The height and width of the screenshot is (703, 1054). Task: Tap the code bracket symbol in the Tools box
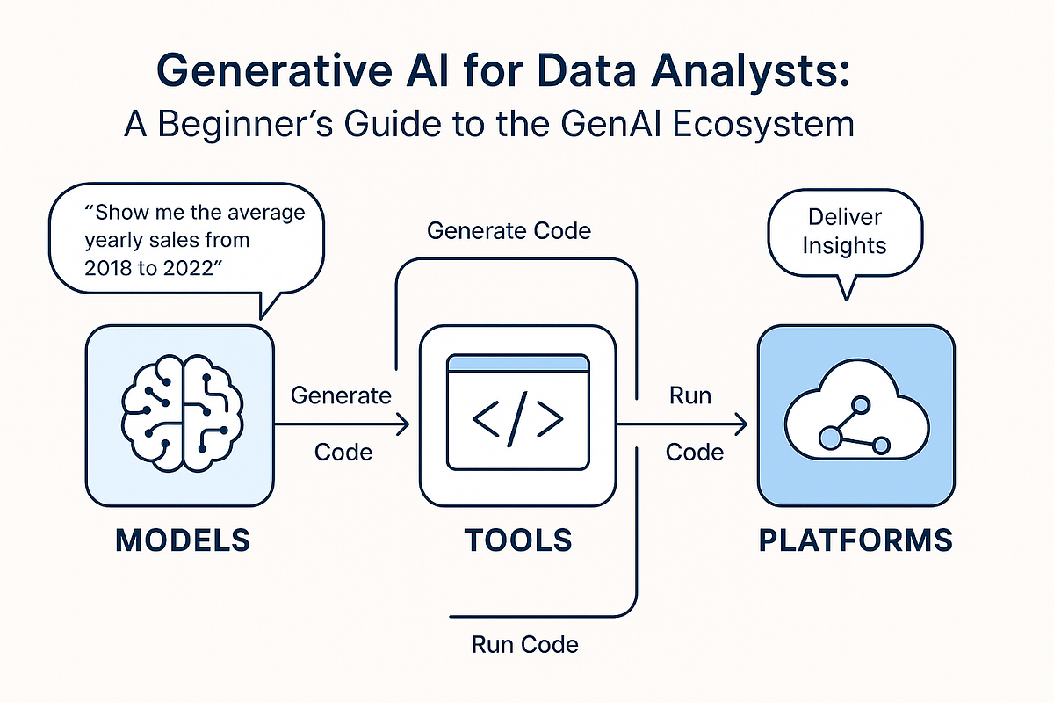pyautogui.click(x=517, y=421)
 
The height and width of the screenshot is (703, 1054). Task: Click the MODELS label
pyautogui.click(x=182, y=540)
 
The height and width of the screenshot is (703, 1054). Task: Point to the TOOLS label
pyautogui.click(x=516, y=540)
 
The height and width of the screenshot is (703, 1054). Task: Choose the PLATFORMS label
pyautogui.click(x=855, y=540)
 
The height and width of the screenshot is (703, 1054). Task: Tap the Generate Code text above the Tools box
pyautogui.click(x=509, y=231)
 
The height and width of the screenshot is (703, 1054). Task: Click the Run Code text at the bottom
pyautogui.click(x=525, y=644)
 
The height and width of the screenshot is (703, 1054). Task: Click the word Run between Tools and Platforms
pyautogui.click(x=689, y=395)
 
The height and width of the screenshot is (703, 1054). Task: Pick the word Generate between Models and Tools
pyautogui.click(x=341, y=395)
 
